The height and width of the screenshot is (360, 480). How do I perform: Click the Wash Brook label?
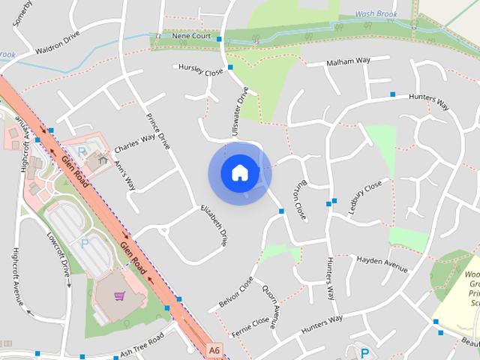(375, 14)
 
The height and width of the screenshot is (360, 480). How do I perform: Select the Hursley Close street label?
(201, 70)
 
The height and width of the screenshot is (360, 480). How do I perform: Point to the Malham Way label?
(349, 61)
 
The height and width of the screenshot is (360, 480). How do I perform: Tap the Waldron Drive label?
(57, 48)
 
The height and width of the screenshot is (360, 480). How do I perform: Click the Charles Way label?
(134, 142)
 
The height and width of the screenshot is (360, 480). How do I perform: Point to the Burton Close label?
(298, 200)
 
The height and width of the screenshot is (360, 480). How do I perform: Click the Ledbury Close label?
(365, 197)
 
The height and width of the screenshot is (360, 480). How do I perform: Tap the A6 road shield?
(215, 349)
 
